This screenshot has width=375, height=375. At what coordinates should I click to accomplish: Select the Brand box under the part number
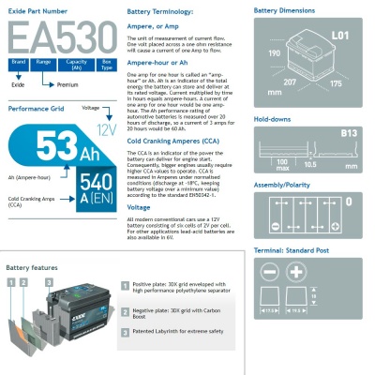coord(17,63)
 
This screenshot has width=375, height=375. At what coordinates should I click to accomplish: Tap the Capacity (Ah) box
coord(77,63)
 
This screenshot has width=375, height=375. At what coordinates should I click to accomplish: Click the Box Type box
coord(106,63)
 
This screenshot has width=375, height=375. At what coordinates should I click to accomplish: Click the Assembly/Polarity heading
coord(282,186)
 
